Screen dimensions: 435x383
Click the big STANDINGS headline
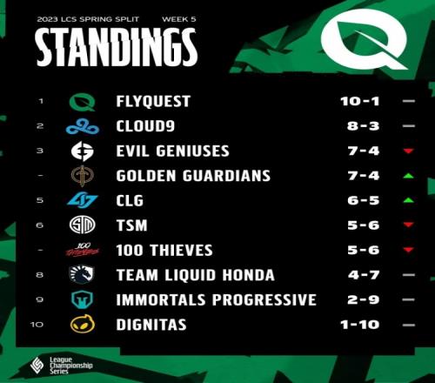117,47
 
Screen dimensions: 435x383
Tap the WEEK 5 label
179,19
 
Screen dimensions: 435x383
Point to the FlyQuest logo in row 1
83,102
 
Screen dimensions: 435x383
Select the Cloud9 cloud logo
83,127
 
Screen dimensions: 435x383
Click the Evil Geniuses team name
173,151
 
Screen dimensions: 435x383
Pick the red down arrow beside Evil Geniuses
408,151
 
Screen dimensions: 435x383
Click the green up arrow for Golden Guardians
408,176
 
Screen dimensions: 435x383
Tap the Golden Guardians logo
83,176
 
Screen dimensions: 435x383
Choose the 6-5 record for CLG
364,200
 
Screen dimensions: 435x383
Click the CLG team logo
83,201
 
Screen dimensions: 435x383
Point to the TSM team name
132,225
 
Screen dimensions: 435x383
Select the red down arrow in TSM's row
408,225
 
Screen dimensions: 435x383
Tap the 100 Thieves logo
83,250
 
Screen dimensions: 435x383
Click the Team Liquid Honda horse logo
82,275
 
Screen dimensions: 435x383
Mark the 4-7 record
364,275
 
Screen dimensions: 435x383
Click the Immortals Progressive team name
216,300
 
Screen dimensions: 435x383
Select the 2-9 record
364,299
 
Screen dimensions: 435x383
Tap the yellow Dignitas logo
83,324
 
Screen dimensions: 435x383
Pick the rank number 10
37,325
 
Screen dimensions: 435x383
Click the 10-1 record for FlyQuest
360,101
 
